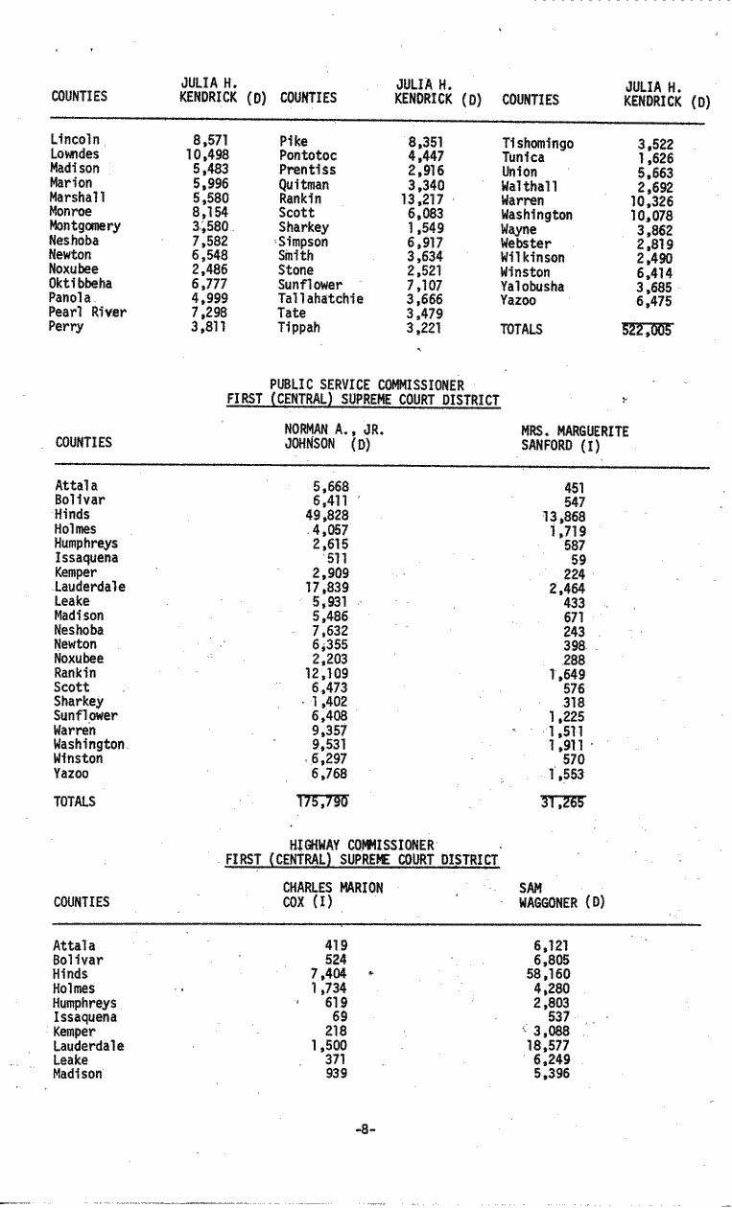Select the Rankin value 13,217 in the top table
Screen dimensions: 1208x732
coord(421,199)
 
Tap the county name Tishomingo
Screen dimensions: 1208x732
coord(537,144)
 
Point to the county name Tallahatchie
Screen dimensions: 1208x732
coord(320,299)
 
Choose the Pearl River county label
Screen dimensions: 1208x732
coord(87,313)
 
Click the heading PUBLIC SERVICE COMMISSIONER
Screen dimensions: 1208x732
coord(366,385)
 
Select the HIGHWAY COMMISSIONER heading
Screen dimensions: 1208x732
coord(363,845)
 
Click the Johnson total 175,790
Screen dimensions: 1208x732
coord(322,801)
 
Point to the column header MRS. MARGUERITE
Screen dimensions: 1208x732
coord(575,431)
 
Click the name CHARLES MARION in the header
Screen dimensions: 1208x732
coord(333,888)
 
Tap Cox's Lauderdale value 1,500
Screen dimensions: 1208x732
coord(328,1046)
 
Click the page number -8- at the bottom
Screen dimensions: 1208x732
coord(364,1129)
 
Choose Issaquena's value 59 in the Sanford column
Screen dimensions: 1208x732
coord(578,560)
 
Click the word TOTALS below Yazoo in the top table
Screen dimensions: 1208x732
coord(522,330)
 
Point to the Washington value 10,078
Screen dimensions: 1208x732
coord(652,216)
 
